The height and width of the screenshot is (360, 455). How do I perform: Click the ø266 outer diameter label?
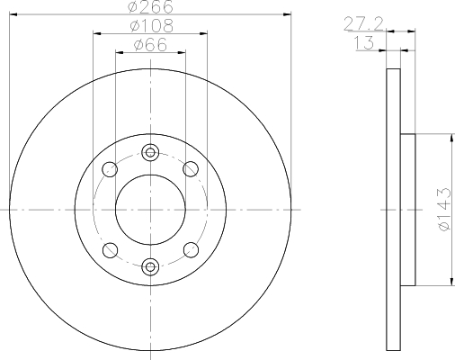(150, 7)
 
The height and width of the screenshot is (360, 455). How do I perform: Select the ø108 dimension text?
(150, 26)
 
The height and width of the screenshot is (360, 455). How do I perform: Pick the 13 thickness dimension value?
(365, 44)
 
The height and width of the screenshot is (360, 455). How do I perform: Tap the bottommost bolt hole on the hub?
(150, 265)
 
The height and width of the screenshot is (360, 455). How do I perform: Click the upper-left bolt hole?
(110, 168)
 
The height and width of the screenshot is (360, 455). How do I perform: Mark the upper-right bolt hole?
(191, 168)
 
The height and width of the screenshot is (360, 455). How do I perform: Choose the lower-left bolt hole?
(110, 249)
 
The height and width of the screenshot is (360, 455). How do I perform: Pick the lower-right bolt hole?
(191, 249)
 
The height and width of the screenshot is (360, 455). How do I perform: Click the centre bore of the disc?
(150, 209)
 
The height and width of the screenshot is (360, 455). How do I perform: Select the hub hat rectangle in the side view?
(407, 209)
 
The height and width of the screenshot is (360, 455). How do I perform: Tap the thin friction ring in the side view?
(392, 209)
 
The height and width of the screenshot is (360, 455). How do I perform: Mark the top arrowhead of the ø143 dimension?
(445, 137)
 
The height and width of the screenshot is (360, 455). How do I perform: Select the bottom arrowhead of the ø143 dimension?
(445, 283)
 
